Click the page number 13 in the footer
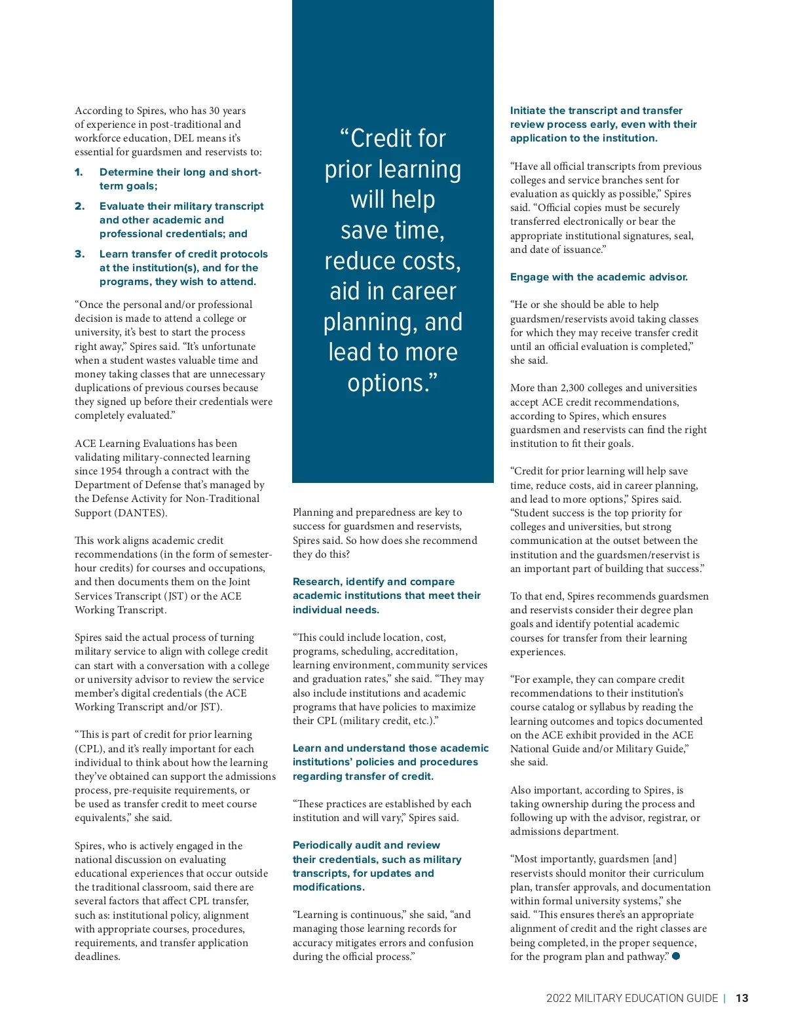point(741,998)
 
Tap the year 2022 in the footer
point(559,998)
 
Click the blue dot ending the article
point(676,956)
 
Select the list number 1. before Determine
point(79,172)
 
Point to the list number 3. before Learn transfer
point(79,254)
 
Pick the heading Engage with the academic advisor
point(599,277)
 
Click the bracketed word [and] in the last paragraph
point(664,859)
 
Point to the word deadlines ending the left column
point(96,957)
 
